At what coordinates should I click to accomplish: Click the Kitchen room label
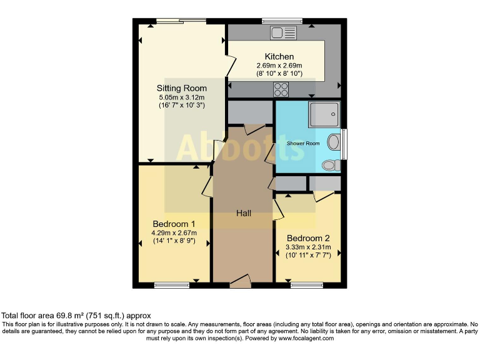[x=279, y=57]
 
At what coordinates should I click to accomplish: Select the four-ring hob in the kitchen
[x=281, y=90]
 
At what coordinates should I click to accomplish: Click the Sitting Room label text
[x=181, y=88]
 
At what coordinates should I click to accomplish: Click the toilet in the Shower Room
[x=331, y=165]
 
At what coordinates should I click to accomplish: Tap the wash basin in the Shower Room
[x=334, y=141]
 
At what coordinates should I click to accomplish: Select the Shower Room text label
[x=303, y=144]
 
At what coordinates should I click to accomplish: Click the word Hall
[x=244, y=213]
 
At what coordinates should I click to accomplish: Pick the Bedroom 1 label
[x=174, y=224]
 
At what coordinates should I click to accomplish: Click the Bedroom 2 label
[x=307, y=238]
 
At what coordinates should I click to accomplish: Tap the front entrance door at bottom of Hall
[x=240, y=284]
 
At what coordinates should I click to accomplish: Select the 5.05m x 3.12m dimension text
[x=181, y=97]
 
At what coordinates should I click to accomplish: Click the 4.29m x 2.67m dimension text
[x=174, y=233]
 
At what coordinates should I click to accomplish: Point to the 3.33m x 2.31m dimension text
[x=307, y=247]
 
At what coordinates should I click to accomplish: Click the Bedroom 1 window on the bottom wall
[x=171, y=286]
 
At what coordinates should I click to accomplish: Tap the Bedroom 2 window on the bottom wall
[x=302, y=286]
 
